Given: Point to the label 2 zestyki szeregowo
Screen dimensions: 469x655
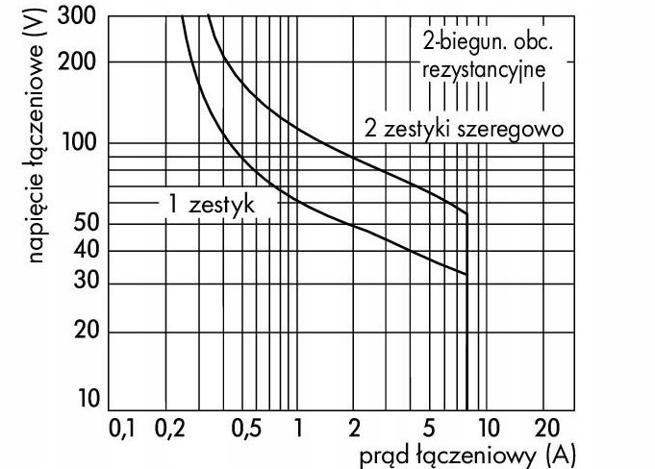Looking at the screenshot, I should pyautogui.click(x=463, y=128).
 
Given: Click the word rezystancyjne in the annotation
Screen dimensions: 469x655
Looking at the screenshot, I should pyautogui.click(x=484, y=69).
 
